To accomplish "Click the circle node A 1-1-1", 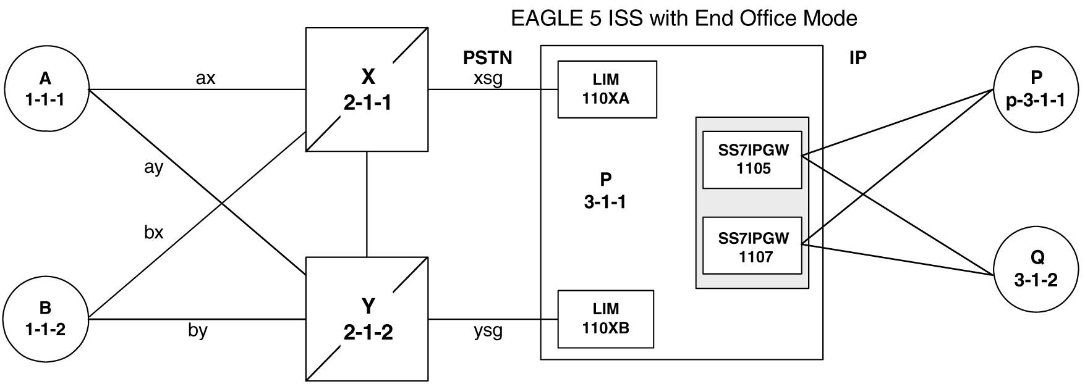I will coord(45,89).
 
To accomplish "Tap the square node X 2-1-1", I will coord(367,90).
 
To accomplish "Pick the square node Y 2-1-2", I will coord(367,319).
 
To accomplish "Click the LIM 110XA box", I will coord(606,89).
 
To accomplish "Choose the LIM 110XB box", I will coord(605,319).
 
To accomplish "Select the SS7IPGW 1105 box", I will coord(752,160).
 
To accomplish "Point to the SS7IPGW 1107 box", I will coord(752,246).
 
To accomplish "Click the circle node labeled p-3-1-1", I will coord(1036,89).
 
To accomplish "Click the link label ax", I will coord(205,78).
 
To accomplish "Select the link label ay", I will coord(153,167).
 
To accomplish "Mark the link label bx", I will coord(153,232).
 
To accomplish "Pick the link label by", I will coord(197,330).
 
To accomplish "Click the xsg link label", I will coord(488,78).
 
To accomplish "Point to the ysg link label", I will coord(488,331).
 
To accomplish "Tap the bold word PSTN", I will coord(487,58).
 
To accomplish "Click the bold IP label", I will coord(858,58).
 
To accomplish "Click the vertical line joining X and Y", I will coord(367,204).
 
